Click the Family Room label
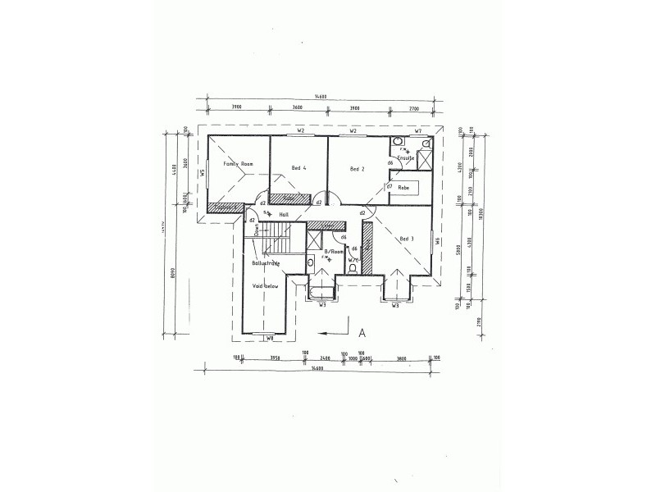click(238, 164)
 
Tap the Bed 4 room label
click(298, 169)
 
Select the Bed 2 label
click(357, 169)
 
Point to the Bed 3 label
click(407, 239)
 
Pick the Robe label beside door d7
click(403, 188)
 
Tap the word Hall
click(285, 214)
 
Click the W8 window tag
click(269, 337)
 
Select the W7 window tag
click(417, 131)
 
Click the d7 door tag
click(389, 186)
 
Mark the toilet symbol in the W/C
click(352, 267)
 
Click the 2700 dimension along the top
click(413, 107)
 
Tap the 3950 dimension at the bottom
click(276, 358)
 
